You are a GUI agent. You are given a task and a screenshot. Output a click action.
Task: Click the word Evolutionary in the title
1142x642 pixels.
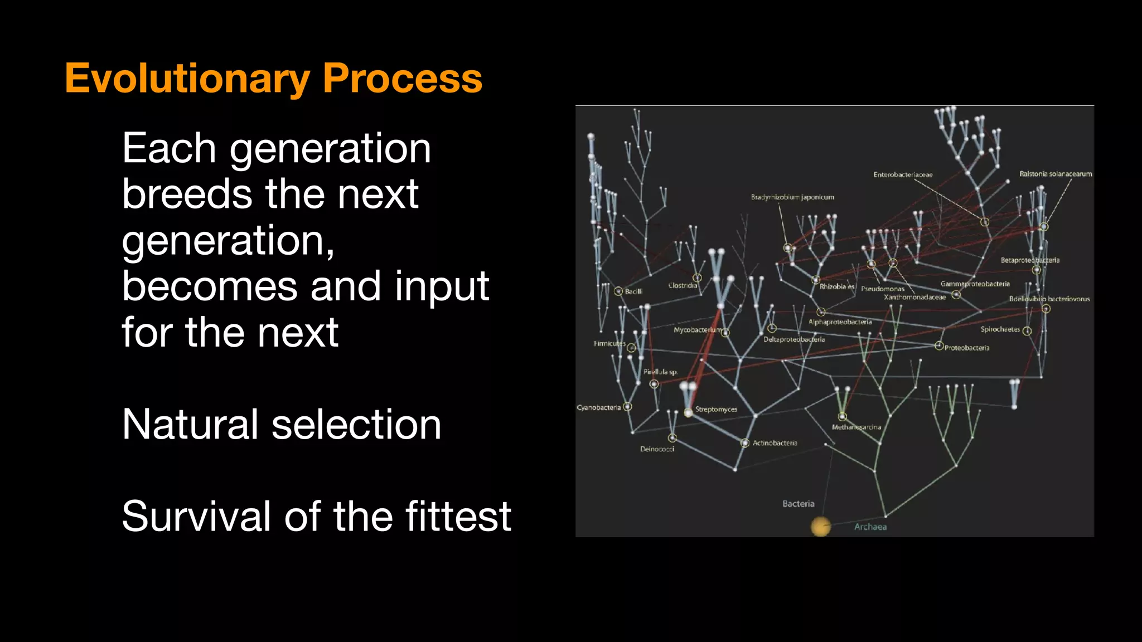(x=187, y=79)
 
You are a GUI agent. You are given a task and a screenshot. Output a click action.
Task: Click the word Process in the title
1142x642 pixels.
(x=402, y=79)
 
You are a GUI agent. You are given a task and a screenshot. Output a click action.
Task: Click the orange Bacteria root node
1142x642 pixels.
(x=820, y=526)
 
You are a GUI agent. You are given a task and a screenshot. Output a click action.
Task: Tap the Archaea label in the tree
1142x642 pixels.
(x=870, y=527)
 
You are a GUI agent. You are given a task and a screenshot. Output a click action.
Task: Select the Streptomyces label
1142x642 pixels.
(x=716, y=409)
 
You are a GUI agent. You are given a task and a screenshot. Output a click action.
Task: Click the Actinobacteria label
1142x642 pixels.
(x=775, y=443)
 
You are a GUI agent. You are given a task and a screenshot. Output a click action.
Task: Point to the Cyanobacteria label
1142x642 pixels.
(x=598, y=407)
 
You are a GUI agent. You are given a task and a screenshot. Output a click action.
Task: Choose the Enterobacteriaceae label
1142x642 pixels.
(x=903, y=175)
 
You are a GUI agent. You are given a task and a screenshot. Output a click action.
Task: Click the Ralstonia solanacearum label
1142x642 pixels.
(x=1056, y=174)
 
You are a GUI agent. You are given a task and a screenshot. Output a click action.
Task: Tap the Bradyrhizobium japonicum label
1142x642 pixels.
(x=792, y=197)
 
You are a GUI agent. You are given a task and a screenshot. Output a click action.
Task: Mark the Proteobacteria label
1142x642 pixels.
(x=967, y=348)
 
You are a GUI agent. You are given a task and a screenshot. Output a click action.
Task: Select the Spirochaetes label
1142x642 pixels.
(x=1000, y=329)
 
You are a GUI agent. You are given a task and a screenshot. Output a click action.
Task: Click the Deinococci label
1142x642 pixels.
(x=657, y=449)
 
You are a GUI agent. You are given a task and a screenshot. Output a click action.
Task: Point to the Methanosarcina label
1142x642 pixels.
(x=856, y=427)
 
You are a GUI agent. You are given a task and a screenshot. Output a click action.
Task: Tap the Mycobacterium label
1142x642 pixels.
(x=698, y=330)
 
